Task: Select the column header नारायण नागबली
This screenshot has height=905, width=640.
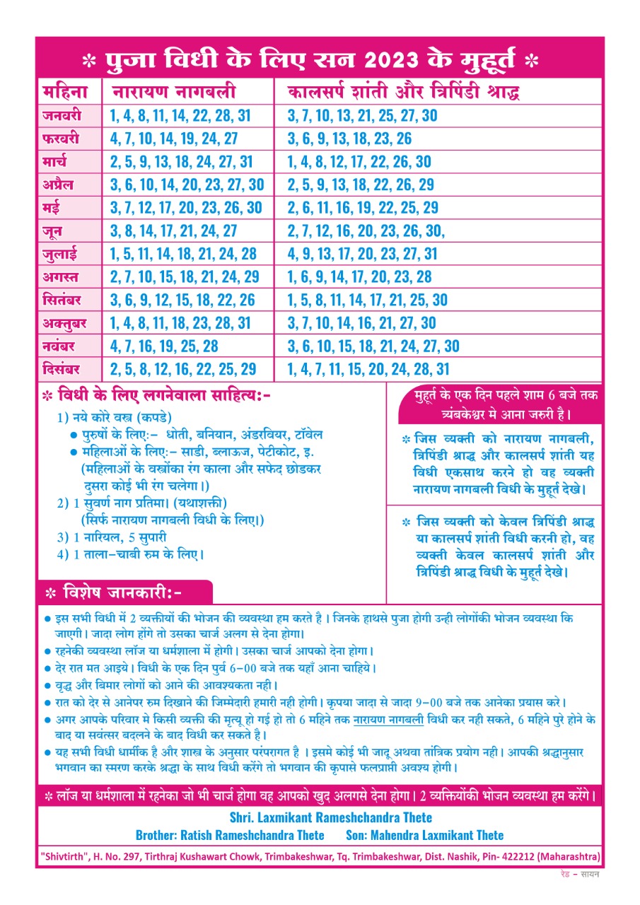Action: pos(174,93)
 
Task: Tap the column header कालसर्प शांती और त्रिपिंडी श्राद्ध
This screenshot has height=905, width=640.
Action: pos(404,93)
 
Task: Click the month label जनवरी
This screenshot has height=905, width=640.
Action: pos(62,115)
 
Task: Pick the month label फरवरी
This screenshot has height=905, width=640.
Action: pos(61,138)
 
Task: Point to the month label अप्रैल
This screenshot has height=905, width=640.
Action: pos(58,185)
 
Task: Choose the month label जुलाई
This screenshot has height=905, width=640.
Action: pos(61,254)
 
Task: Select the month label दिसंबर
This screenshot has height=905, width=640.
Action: pos(61,369)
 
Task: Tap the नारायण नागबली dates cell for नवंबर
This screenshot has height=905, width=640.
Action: pos(164,346)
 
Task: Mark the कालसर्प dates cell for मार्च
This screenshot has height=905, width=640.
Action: pos(359,161)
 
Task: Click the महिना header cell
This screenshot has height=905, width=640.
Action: pos(64,93)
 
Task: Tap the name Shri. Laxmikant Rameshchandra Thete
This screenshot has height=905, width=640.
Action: pos(331,817)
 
